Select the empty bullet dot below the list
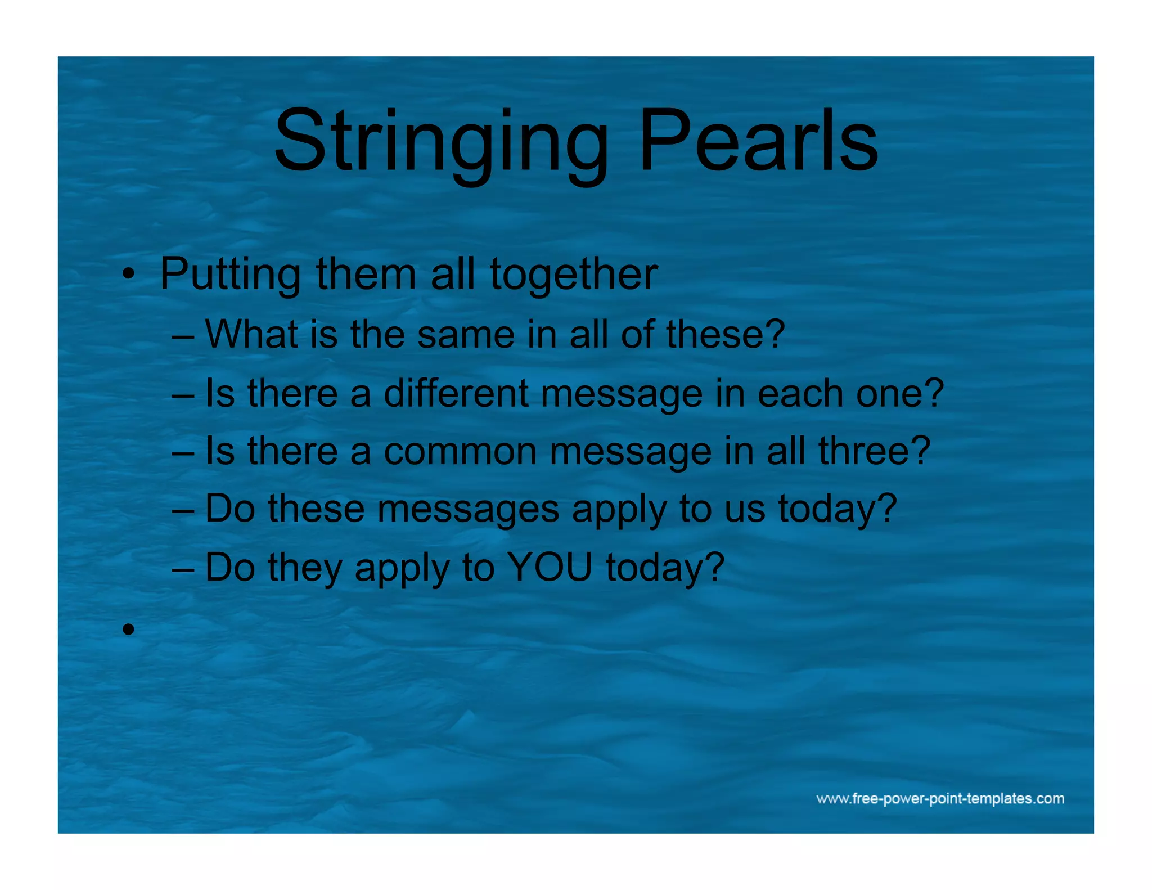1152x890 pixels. coord(129,629)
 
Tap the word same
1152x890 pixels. coord(466,334)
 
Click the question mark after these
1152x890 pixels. coord(775,334)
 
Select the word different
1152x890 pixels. coord(456,393)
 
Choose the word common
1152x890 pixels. coord(460,451)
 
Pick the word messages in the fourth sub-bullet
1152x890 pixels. coord(468,509)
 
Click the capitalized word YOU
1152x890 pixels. coord(550,567)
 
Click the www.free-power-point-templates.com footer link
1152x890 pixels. coord(940,799)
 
